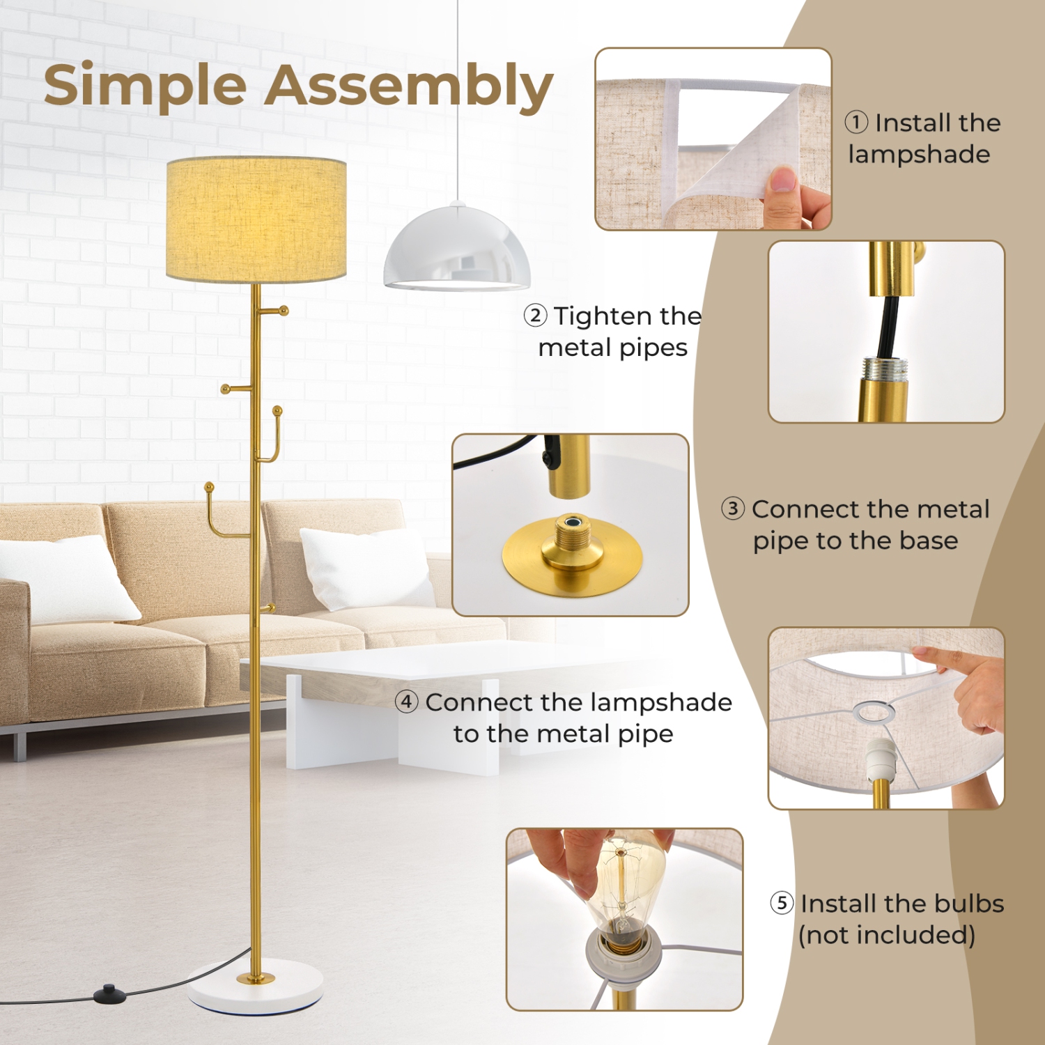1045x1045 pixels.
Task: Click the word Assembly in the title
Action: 408,86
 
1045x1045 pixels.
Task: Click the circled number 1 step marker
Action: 856,123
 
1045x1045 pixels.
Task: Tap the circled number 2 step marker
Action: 535,316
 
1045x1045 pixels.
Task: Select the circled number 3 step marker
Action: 733,509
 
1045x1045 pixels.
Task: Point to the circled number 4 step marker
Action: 407,702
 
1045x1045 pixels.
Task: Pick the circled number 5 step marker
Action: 782,903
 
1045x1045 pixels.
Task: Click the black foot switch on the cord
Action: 107,990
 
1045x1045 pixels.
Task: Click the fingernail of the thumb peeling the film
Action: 784,180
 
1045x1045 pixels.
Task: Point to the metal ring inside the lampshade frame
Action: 874,712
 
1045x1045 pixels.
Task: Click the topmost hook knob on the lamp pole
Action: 284,310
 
